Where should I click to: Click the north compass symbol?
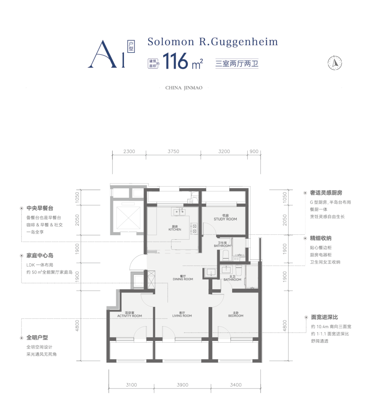pyautogui.click(x=335, y=63)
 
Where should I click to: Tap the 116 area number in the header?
pyautogui.click(x=175, y=61)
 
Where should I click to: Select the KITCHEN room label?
pyautogui.click(x=175, y=229)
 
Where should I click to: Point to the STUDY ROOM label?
pyautogui.click(x=225, y=219)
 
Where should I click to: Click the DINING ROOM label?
pyautogui.click(x=183, y=279)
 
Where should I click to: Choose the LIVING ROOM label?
pyautogui.click(x=182, y=316)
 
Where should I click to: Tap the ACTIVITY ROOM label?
pyautogui.click(x=129, y=316)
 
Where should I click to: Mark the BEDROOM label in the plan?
pyautogui.click(x=235, y=316)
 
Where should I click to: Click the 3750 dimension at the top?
pyautogui.click(x=173, y=151)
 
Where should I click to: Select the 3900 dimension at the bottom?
pyautogui.click(x=182, y=385)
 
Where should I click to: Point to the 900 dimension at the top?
pyautogui.click(x=254, y=151)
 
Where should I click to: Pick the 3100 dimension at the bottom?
pyautogui.click(x=131, y=385)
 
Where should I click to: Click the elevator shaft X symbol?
pyautogui.click(x=128, y=218)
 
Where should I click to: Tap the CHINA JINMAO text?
pyautogui.click(x=184, y=88)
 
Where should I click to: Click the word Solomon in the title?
pyautogui.click(x=171, y=42)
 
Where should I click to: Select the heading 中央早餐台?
pyautogui.click(x=40, y=208)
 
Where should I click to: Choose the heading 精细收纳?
pyautogui.click(x=321, y=238)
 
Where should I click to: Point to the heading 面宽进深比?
pyautogui.click(x=324, y=317)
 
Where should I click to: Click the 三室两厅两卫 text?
pyautogui.click(x=237, y=63)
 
